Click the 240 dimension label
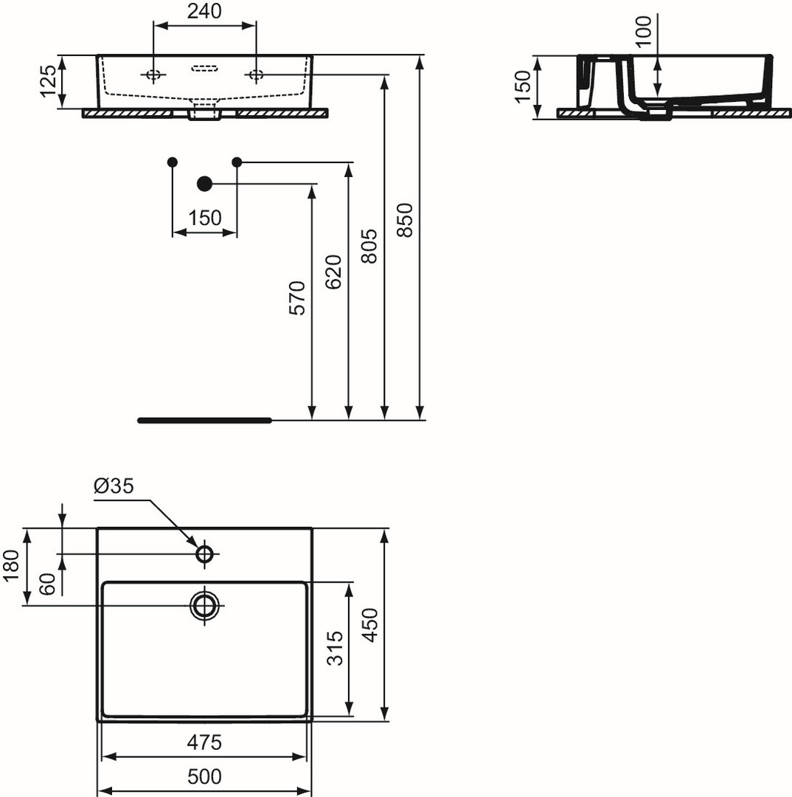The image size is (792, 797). click(204, 11)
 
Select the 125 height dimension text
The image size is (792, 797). click(49, 81)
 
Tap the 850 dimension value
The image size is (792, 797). click(405, 220)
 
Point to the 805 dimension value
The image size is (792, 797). click(369, 246)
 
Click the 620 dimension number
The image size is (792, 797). click(333, 272)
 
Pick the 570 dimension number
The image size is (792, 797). click(297, 298)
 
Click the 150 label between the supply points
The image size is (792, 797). click(205, 218)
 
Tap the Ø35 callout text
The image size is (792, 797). click(114, 486)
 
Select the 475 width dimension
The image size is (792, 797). click(204, 742)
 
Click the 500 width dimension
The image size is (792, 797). click(204, 776)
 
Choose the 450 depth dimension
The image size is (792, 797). click(371, 626)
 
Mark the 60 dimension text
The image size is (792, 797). click(46, 584)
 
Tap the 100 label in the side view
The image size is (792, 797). click(644, 31)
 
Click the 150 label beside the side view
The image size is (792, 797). click(523, 87)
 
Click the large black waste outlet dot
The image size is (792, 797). click(204, 184)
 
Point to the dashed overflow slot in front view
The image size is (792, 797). click(205, 69)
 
